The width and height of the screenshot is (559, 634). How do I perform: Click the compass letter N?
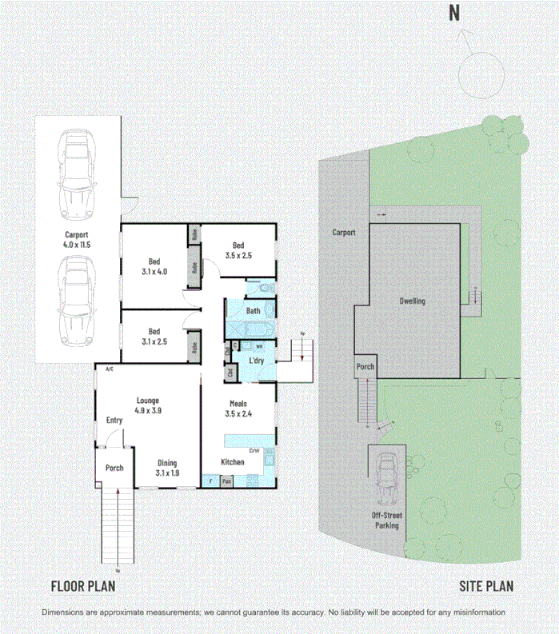[453, 13]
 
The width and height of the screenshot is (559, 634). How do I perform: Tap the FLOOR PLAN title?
[83, 586]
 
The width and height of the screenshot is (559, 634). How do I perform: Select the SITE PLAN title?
[486, 586]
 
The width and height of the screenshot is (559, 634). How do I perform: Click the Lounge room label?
[148, 405]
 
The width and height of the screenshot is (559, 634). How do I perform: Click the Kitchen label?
[232, 462]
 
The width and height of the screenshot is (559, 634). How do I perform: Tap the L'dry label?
[256, 361]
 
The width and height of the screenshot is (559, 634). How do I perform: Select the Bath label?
[253, 311]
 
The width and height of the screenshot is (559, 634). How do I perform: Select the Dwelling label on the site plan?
[412, 301]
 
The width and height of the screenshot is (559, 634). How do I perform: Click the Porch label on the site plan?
[365, 367]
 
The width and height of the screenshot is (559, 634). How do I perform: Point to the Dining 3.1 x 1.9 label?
[166, 468]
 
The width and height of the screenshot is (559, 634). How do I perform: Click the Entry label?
[114, 420]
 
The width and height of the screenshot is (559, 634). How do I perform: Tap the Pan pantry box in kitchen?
[227, 481]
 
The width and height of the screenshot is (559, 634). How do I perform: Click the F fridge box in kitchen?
[210, 481]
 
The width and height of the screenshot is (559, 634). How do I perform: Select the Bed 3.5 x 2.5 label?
[238, 251]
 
